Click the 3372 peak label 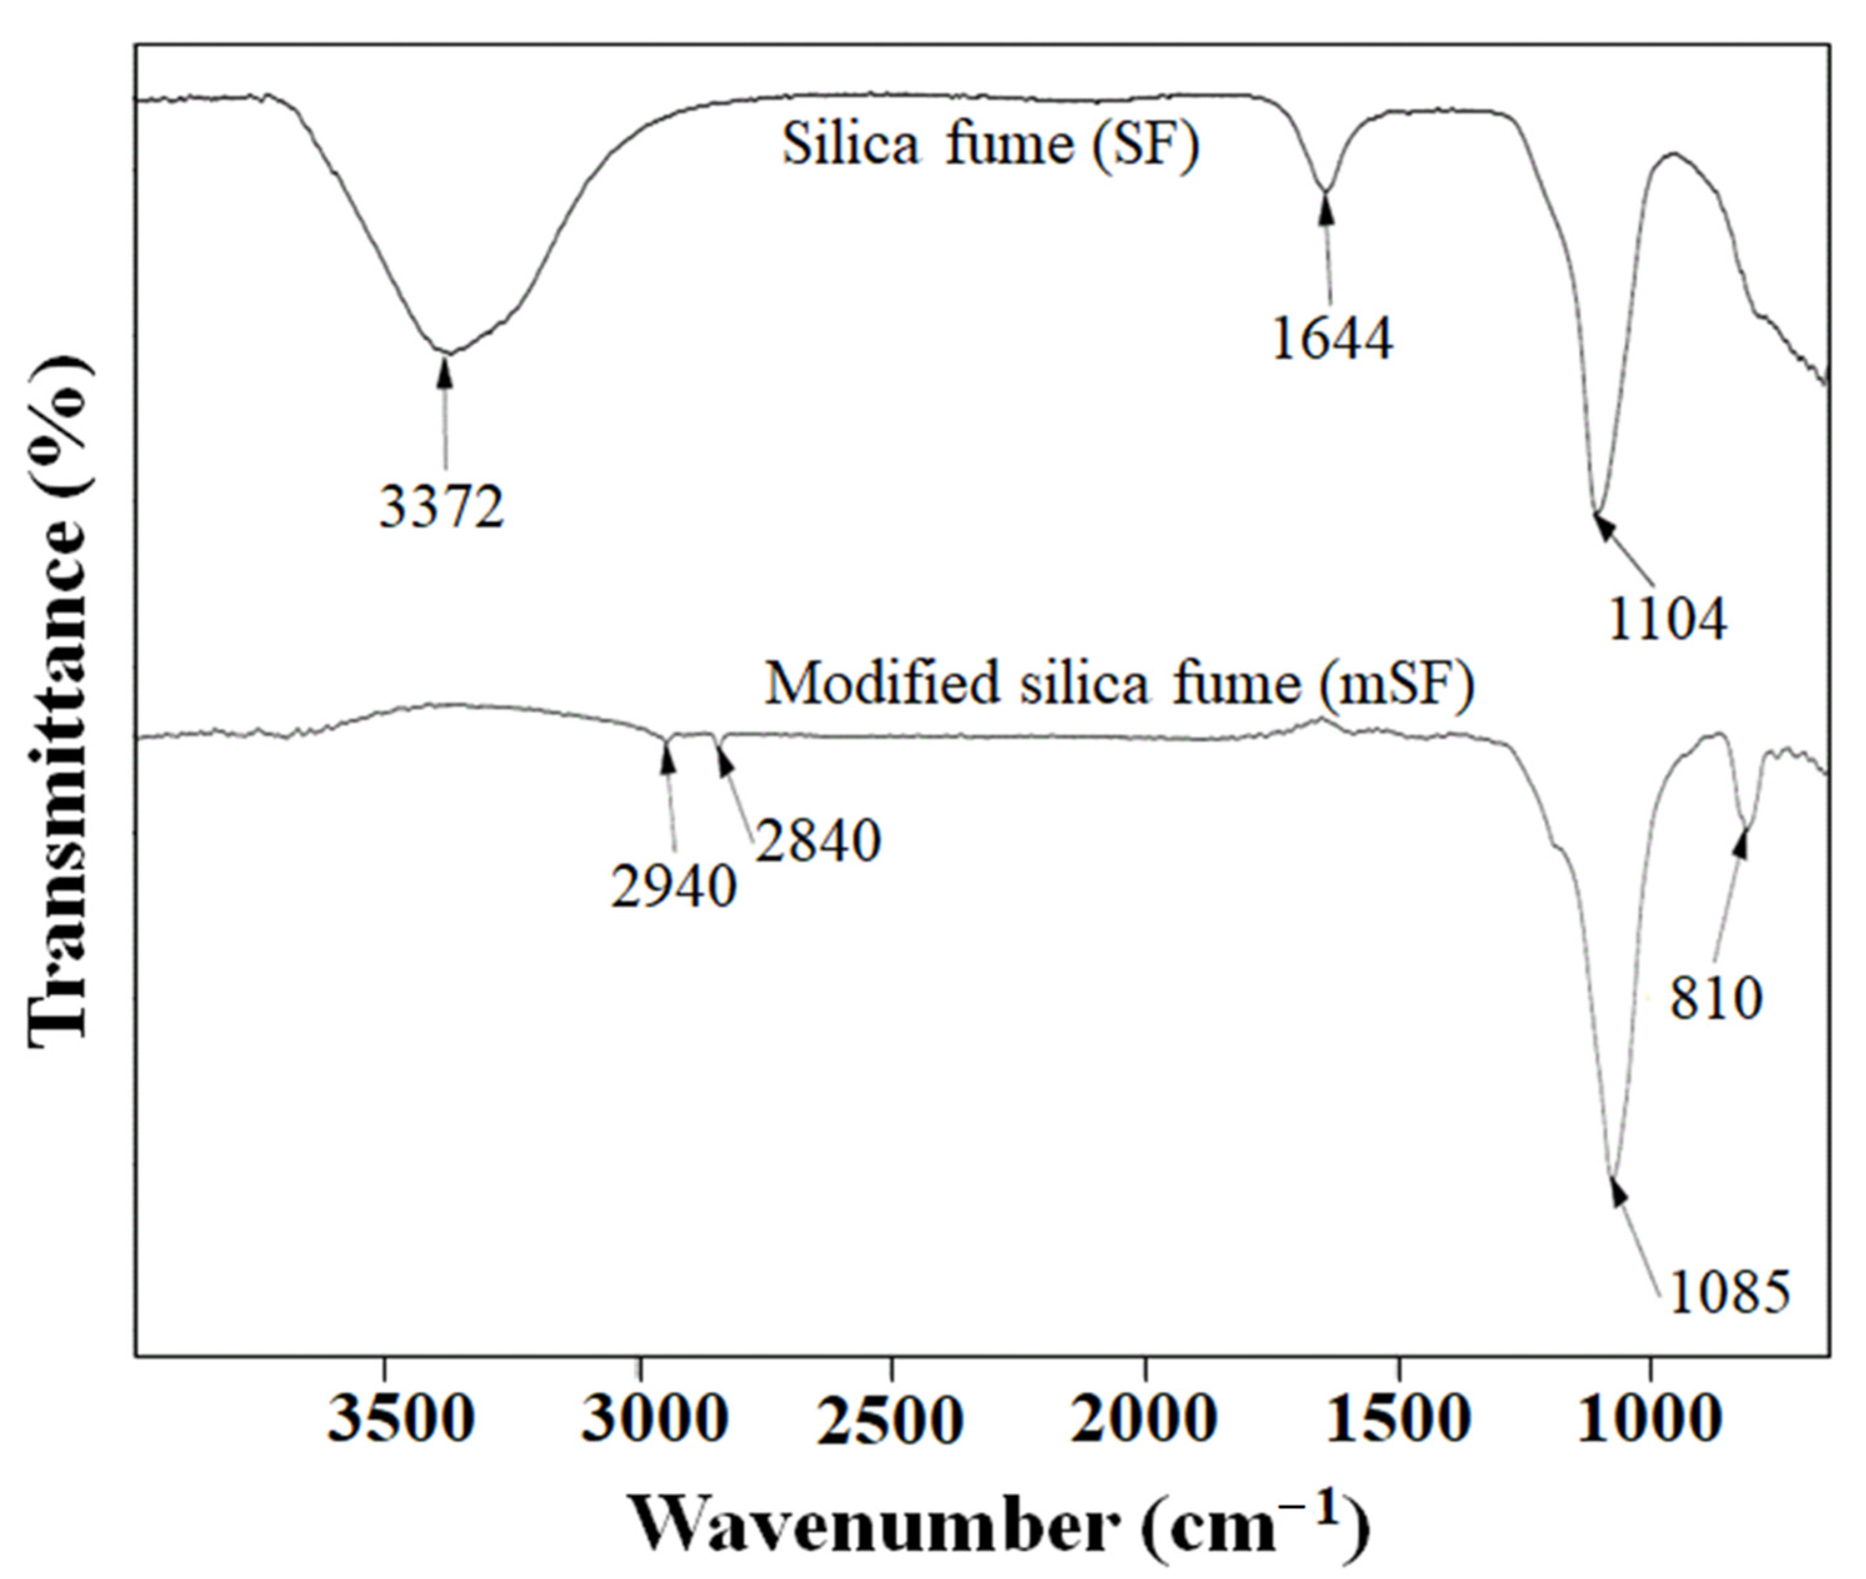pyautogui.click(x=442, y=507)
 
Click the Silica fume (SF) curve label pyautogui.click(x=990, y=144)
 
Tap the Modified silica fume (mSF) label pyautogui.click(x=1119, y=685)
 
